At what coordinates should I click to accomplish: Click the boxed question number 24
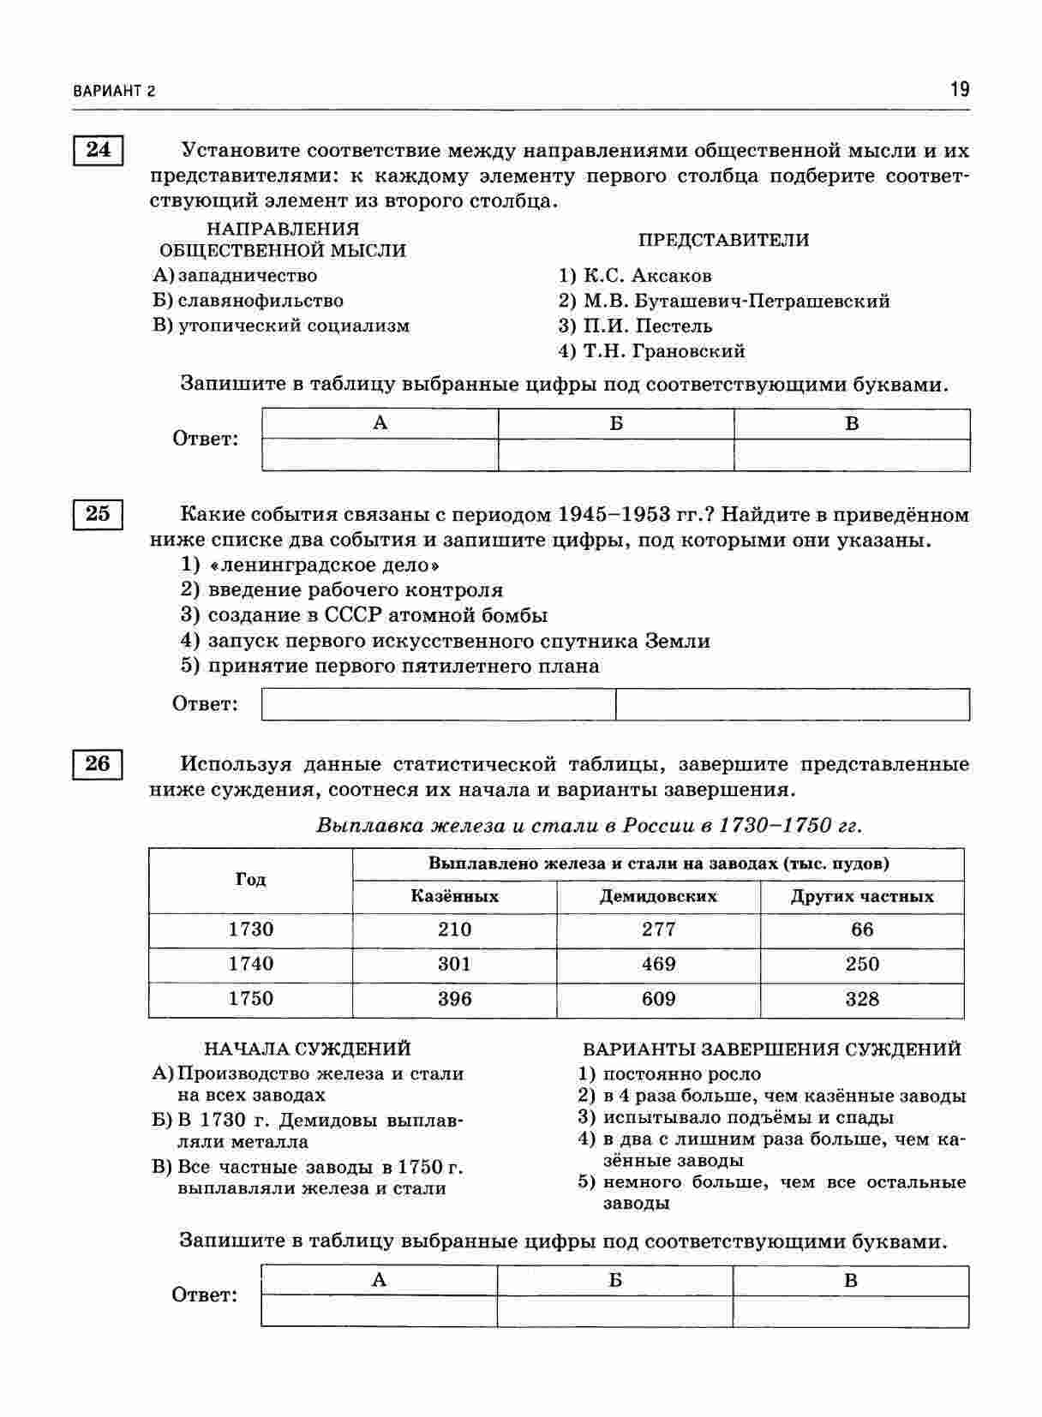click(98, 150)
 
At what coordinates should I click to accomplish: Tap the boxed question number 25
click(98, 514)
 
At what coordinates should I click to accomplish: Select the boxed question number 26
click(98, 762)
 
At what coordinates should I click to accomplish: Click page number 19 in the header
click(959, 89)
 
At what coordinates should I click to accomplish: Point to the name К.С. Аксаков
click(647, 276)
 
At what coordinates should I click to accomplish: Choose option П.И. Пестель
click(647, 326)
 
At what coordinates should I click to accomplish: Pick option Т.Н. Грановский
click(663, 350)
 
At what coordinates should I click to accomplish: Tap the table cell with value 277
click(658, 930)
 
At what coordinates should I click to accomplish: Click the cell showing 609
click(658, 999)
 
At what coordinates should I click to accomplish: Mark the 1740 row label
click(250, 964)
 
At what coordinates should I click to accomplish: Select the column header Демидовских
click(658, 896)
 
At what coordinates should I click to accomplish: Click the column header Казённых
click(454, 896)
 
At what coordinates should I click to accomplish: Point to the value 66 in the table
click(862, 930)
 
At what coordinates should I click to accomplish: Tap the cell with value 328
click(862, 999)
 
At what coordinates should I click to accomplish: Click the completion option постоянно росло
click(681, 1073)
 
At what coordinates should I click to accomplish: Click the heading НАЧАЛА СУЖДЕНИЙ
click(307, 1049)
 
